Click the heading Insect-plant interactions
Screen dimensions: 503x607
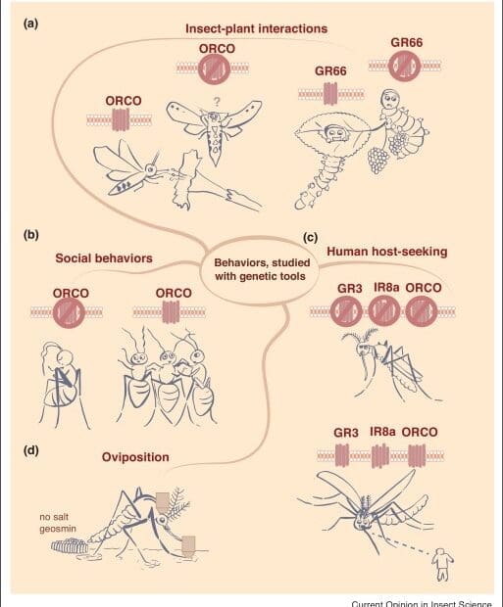click(256, 28)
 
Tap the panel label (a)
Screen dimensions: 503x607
click(31, 24)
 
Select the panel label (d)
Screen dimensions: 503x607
click(31, 450)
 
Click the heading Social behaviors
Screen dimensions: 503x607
click(104, 258)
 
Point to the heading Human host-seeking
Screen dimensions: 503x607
click(387, 252)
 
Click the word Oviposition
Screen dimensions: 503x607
click(135, 457)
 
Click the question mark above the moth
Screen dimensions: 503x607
click(217, 102)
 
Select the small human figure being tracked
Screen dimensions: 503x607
click(443, 564)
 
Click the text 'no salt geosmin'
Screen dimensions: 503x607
click(58, 523)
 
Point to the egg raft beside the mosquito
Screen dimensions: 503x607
click(70, 546)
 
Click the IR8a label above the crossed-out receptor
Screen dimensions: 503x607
click(383, 287)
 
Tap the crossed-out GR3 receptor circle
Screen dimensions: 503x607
click(346, 311)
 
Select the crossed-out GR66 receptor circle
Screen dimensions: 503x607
click(405, 66)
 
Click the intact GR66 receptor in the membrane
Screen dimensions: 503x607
click(330, 94)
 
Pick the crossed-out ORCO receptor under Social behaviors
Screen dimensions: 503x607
click(69, 312)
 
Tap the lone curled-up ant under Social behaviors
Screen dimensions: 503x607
click(62, 383)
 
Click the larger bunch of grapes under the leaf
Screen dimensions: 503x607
click(378, 160)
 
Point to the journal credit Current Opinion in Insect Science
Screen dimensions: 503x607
click(422, 603)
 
